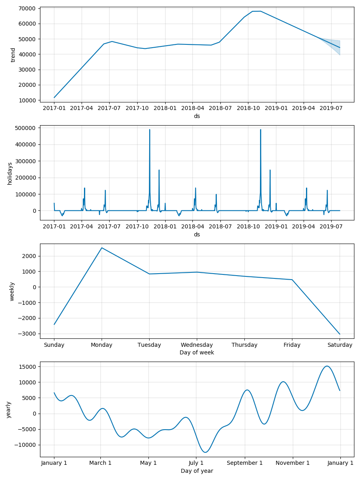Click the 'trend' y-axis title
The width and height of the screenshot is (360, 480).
click(13, 55)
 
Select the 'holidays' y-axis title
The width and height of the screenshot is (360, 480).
click(10, 173)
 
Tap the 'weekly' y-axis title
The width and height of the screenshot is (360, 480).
click(12, 291)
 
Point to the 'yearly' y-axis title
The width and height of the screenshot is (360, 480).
click(9, 410)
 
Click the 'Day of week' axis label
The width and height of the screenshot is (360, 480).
click(197, 353)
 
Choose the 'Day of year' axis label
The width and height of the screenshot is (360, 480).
click(197, 471)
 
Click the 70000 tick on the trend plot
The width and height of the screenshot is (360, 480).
click(26, 8)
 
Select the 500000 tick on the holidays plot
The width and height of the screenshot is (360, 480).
click(24, 128)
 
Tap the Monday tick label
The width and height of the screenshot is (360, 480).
click(102, 345)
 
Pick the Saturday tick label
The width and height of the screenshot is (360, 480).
click(340, 345)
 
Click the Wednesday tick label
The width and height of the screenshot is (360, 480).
click(197, 345)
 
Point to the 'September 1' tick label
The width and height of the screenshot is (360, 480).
click(245, 463)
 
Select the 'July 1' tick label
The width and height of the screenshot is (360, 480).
click(196, 463)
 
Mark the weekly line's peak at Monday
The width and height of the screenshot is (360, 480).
click(102, 248)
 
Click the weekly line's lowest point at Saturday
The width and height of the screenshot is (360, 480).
click(340, 334)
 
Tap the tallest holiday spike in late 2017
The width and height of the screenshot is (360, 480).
click(150, 130)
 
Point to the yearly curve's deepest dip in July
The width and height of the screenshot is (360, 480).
click(206, 452)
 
